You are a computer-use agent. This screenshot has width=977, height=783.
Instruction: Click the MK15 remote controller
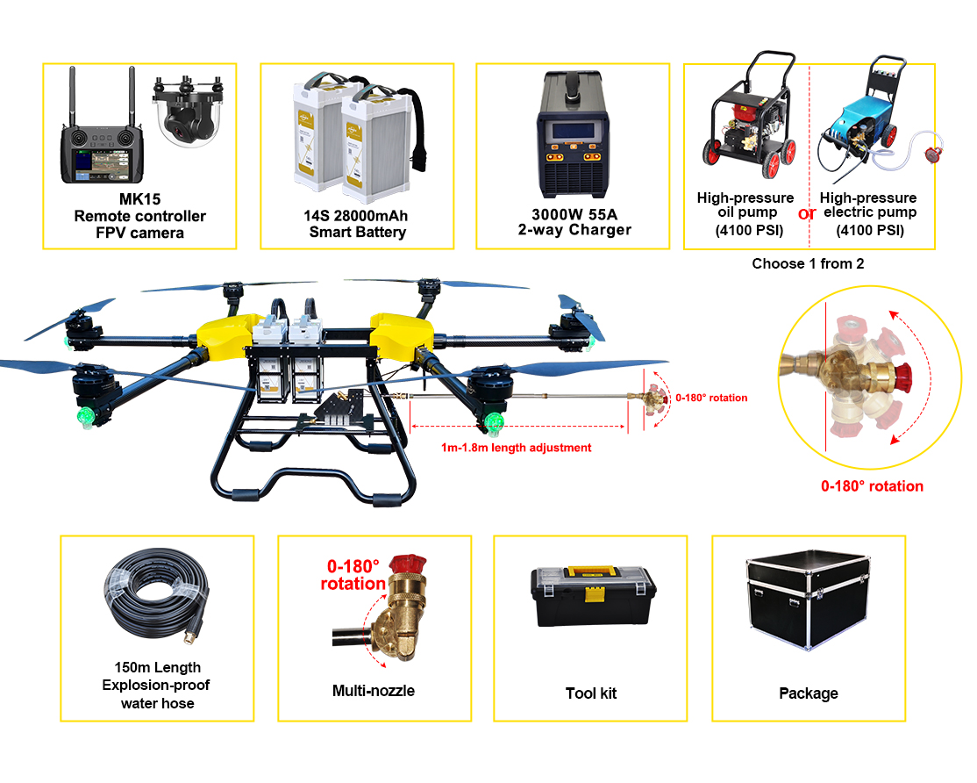(101, 154)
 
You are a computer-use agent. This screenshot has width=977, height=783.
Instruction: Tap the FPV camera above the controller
(188, 114)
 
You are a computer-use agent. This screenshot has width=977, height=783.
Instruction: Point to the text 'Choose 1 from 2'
(808, 263)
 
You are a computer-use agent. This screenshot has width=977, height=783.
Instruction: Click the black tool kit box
(593, 597)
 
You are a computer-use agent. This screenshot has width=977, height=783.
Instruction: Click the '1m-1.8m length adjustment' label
(517, 448)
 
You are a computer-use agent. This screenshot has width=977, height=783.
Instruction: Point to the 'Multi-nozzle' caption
(374, 691)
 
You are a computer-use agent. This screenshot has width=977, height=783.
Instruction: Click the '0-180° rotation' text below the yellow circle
(872, 486)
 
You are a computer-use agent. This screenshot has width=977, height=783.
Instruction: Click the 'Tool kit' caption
(591, 693)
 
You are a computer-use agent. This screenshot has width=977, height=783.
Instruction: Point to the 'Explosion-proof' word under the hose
(156, 685)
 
